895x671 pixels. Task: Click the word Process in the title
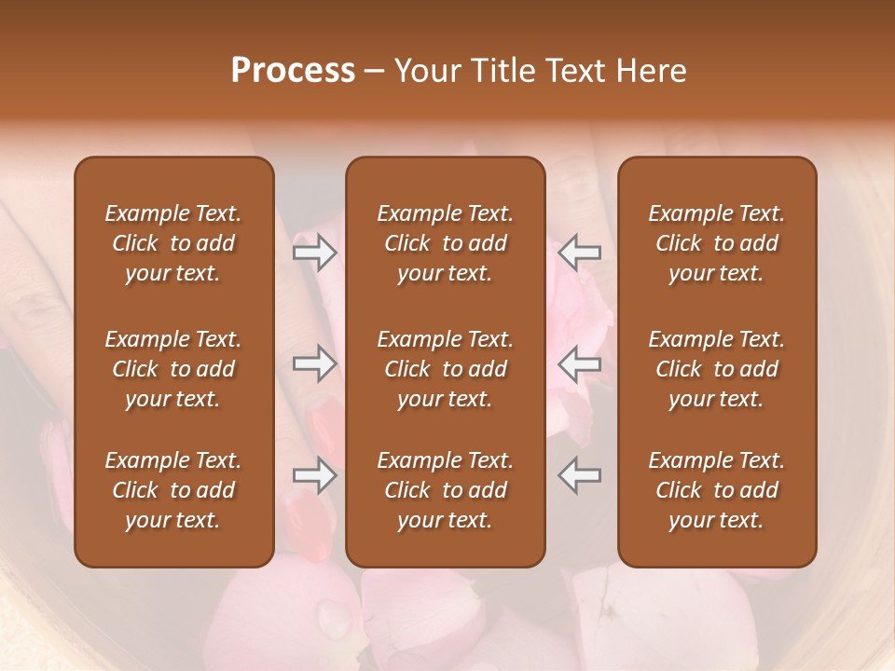point(293,71)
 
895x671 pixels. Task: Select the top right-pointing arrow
point(315,253)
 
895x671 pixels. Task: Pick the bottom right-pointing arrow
point(315,475)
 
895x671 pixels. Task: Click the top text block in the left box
point(173,243)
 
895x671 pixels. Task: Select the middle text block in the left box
point(173,369)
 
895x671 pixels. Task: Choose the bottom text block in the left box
point(173,490)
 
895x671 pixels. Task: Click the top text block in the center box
point(446,243)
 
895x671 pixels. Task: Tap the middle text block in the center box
point(446,369)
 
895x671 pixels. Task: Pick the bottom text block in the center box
point(446,490)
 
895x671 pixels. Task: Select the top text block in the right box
point(717,243)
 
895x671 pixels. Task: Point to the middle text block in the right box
point(717,369)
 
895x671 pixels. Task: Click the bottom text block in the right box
point(717,490)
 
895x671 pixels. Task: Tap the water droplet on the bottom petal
point(333,616)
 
